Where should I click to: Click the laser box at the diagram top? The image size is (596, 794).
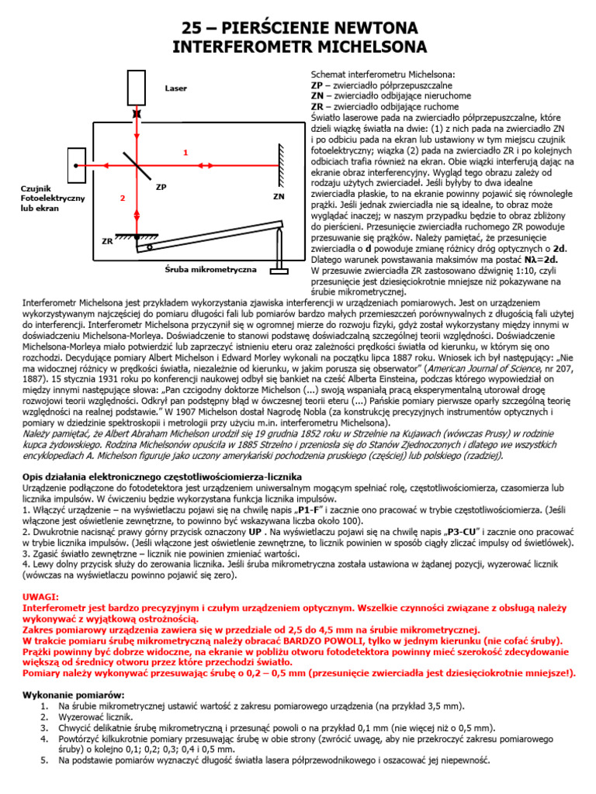(x=137, y=88)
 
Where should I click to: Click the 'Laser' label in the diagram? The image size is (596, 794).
(x=176, y=88)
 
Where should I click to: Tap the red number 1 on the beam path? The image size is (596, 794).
(x=185, y=153)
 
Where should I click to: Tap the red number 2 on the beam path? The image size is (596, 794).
(x=122, y=199)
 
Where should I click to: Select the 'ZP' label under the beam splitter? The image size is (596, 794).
(x=161, y=187)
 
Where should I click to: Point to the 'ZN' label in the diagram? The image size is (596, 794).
(x=279, y=197)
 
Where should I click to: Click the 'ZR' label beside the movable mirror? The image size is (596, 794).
(x=107, y=241)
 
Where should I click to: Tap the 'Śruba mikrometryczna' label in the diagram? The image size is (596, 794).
(x=199, y=268)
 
